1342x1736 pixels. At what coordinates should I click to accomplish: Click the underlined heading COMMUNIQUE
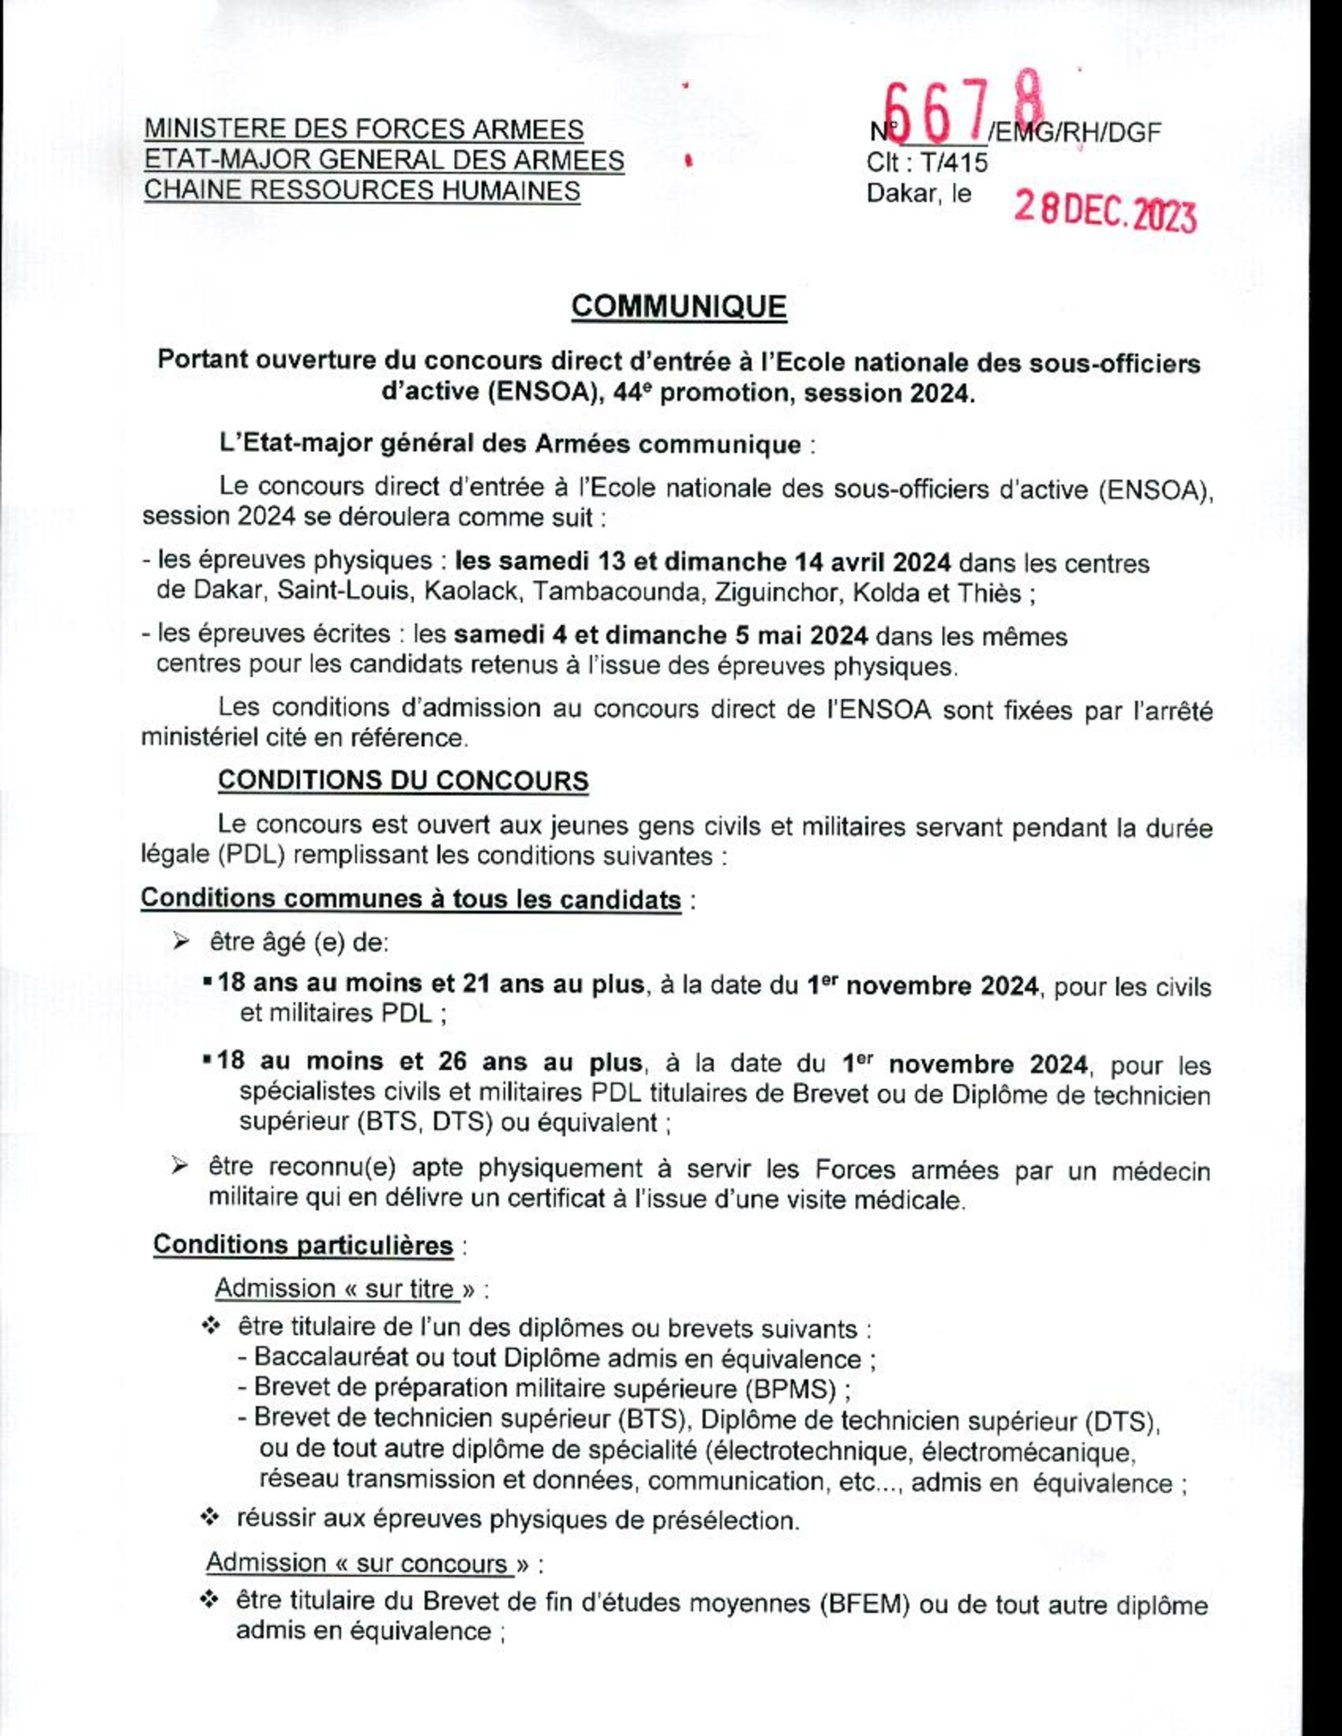click(679, 308)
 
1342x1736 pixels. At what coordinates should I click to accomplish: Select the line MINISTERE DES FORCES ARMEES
click(364, 129)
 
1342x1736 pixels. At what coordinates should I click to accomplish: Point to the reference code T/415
click(954, 163)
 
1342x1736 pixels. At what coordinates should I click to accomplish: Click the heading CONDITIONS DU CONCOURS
click(403, 780)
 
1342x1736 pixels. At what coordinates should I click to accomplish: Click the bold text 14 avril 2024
click(873, 563)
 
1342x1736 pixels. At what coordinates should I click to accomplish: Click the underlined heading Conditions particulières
click(303, 1244)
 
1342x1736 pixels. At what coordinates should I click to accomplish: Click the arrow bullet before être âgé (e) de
click(182, 943)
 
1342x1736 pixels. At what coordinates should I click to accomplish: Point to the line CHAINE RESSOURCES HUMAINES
click(362, 191)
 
